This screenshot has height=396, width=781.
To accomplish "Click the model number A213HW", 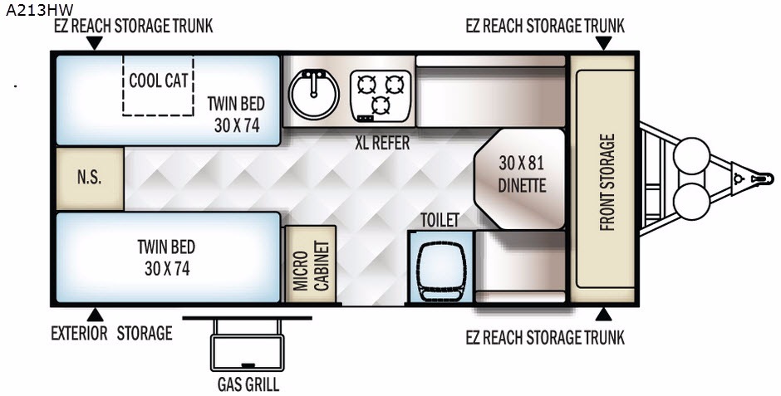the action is [39, 9].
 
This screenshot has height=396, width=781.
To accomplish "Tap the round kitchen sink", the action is [314, 94].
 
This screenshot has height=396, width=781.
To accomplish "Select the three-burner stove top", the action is [381, 95].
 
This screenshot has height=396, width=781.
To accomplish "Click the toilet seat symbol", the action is [441, 271].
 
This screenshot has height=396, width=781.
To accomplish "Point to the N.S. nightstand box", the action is [90, 178].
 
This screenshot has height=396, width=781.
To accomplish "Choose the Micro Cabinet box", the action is [310, 264].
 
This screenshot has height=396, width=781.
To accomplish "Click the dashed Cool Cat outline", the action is [159, 85].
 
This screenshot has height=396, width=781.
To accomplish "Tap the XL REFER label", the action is [382, 144].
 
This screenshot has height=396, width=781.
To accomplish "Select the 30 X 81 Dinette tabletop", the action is [519, 179].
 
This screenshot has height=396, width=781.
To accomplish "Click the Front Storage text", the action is [607, 182].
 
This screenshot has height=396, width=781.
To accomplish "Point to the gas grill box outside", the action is [248, 352].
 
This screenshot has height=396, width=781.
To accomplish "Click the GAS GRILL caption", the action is [248, 384].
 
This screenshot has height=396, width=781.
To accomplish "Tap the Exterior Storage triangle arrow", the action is [96, 315].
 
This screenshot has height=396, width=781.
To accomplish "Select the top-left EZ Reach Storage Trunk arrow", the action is [94, 43].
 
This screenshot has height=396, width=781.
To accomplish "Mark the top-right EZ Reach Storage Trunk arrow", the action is [603, 43].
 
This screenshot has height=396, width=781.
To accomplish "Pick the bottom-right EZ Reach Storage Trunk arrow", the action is [603, 315].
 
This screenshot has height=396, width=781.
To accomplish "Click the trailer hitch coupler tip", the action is [770, 178].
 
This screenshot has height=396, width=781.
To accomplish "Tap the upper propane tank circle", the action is [691, 156].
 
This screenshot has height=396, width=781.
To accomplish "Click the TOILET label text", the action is [440, 220].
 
